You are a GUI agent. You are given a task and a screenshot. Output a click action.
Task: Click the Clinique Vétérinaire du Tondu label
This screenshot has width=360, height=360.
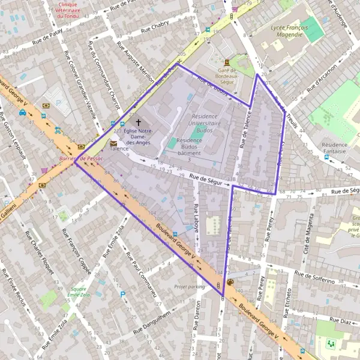tap(68, 9)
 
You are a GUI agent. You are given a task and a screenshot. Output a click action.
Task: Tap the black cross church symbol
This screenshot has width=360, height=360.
tap(139, 122)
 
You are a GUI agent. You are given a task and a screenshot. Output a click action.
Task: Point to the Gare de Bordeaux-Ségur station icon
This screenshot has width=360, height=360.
tap(226, 62)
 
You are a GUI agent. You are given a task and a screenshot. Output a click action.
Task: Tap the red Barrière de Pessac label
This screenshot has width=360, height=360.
tap(77, 158)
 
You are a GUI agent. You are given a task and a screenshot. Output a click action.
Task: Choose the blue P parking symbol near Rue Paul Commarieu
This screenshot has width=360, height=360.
tap(123, 295)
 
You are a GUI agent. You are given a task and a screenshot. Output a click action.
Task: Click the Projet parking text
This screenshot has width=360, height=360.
tap(189, 287)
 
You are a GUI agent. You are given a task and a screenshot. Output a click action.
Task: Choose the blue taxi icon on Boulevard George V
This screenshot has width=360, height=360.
tap(22, 112)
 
